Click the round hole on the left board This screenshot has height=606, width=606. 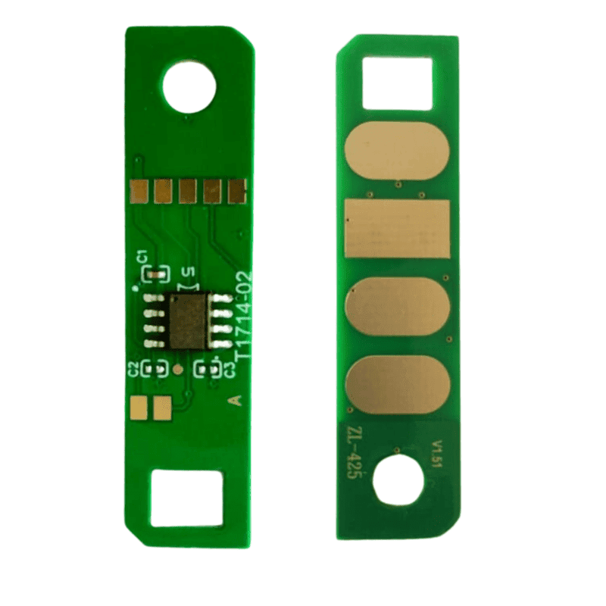tap(189, 88)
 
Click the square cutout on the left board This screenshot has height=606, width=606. tap(186, 498)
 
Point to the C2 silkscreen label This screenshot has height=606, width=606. tap(133, 370)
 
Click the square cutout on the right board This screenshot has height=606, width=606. tap(397, 82)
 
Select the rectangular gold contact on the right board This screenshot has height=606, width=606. tap(398, 228)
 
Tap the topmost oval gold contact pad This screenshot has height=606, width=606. tap(398, 151)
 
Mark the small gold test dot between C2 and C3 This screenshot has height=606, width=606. tap(177, 370)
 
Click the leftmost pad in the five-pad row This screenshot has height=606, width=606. tap(139, 191)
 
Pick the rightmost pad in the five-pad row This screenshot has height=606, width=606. tap(238, 191)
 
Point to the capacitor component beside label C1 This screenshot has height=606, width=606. tap(157, 271)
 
